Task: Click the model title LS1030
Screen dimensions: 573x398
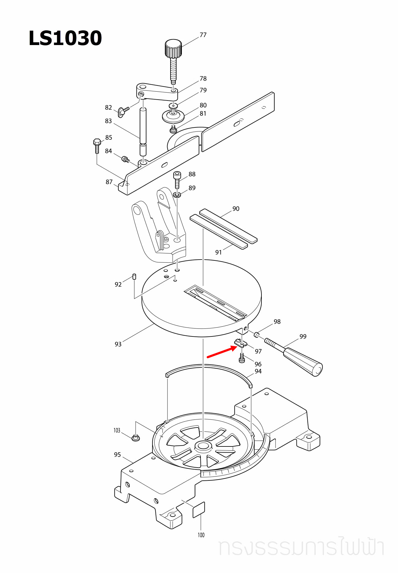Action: pyautogui.click(x=65, y=38)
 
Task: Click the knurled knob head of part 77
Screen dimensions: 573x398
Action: pyautogui.click(x=173, y=48)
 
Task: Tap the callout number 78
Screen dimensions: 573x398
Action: pyautogui.click(x=203, y=79)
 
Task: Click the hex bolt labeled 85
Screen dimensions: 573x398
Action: pyautogui.click(x=97, y=146)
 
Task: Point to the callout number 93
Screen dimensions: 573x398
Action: pyautogui.click(x=118, y=344)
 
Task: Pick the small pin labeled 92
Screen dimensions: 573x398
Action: pyautogui.click(x=134, y=277)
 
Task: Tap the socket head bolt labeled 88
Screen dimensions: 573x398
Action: pyautogui.click(x=177, y=180)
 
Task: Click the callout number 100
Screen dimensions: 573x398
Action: pyautogui.click(x=201, y=535)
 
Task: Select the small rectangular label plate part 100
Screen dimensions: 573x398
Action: pyautogui.click(x=199, y=510)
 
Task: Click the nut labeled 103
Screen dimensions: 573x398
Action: pyautogui.click(x=136, y=438)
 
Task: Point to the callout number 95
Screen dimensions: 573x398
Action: pyautogui.click(x=117, y=455)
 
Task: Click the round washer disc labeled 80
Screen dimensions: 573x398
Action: pyautogui.click(x=173, y=116)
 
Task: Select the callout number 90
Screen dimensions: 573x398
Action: pyautogui.click(x=236, y=209)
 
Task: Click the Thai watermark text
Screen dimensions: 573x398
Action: pyautogui.click(x=301, y=547)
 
